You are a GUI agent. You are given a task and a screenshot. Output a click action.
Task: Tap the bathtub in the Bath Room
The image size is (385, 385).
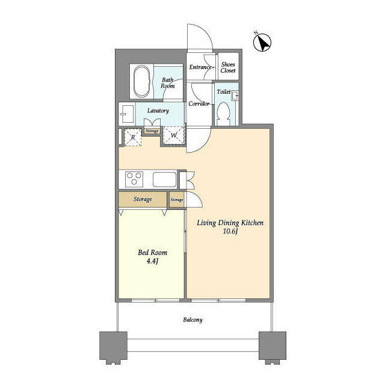click(x=142, y=81)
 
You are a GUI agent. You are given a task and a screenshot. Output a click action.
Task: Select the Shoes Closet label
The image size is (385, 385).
click(x=227, y=67)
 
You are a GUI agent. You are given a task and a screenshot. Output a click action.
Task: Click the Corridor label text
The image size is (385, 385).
click(x=199, y=104)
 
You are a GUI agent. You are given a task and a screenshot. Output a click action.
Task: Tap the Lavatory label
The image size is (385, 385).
click(x=158, y=111)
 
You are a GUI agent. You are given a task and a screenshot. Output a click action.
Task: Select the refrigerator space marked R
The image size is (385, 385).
click(x=132, y=137)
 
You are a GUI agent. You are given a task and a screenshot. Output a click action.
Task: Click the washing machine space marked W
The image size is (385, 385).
click(x=173, y=137)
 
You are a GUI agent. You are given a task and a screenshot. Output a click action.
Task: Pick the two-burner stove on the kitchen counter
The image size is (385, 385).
click(x=134, y=178)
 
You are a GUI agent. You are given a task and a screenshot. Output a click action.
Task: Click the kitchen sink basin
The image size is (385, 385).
click(x=164, y=179)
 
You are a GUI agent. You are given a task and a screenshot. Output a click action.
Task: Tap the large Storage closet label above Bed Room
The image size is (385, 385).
click(x=142, y=199)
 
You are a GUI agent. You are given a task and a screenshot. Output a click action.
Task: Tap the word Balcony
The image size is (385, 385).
click(x=192, y=320)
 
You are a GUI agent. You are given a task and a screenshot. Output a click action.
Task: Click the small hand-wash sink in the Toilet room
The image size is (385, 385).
click(x=236, y=95)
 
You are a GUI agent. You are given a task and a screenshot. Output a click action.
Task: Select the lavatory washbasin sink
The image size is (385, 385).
click(x=126, y=111)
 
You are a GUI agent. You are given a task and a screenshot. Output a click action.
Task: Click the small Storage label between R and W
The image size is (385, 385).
click(x=152, y=131)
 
